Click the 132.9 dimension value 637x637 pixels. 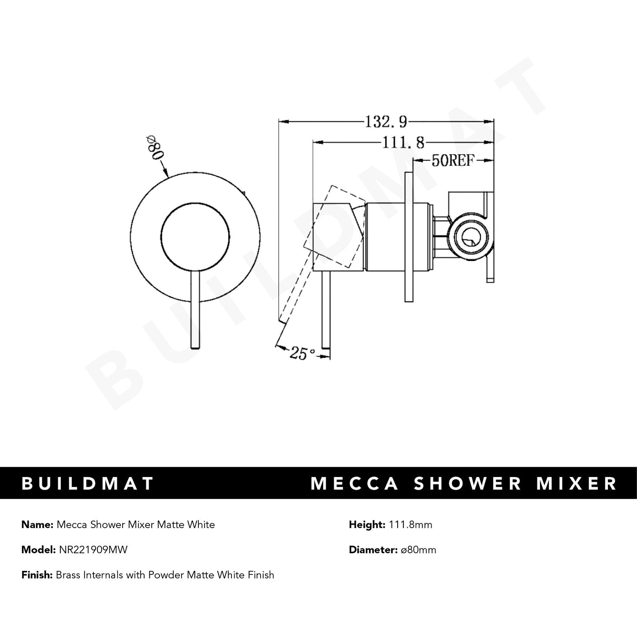385,121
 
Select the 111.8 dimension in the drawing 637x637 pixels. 402,142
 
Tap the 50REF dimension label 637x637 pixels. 452,161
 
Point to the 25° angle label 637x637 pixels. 302,353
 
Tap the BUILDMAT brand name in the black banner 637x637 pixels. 88,483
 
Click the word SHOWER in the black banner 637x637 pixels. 469,483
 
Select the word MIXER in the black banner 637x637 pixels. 580,483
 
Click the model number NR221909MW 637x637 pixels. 93,550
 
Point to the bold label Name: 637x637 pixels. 37,525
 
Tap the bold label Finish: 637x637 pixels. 37,575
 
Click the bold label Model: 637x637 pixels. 38,550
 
